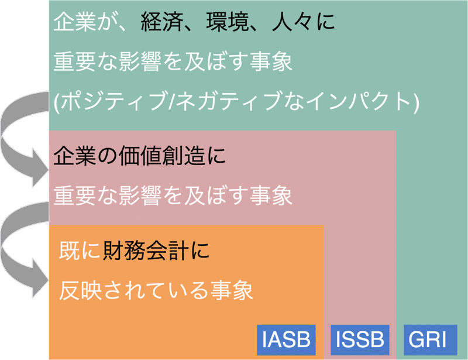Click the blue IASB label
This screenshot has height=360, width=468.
click(x=285, y=339)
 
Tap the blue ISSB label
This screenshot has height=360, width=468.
click(x=359, y=339)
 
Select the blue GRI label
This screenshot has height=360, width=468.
click(x=426, y=339)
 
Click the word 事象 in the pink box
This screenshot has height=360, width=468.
click(x=273, y=196)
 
